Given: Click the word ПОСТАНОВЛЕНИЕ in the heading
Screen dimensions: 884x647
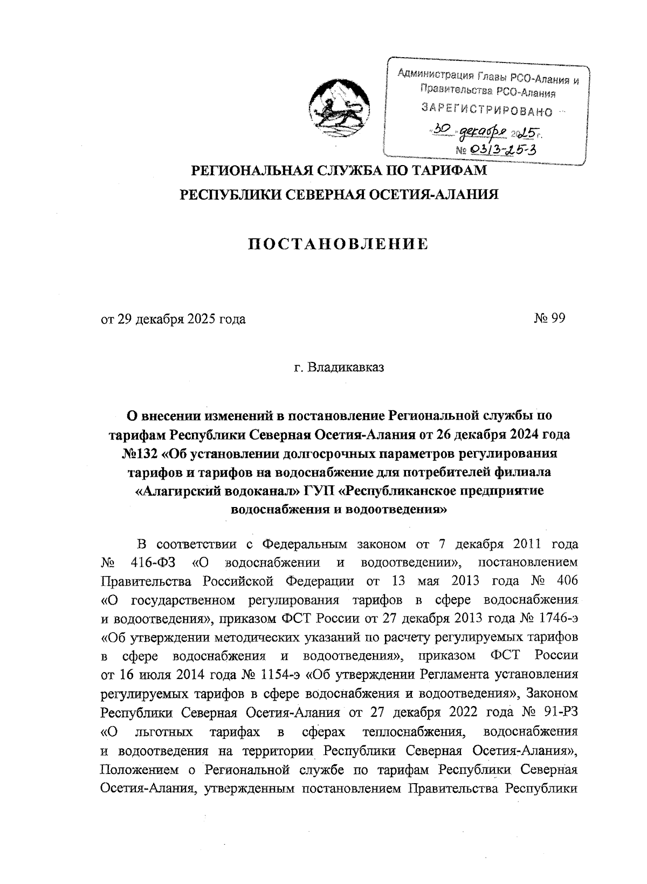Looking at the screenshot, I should tap(338, 244).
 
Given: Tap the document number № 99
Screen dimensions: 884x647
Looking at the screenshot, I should tap(549, 319).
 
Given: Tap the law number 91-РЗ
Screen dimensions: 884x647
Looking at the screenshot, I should tap(557, 711).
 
